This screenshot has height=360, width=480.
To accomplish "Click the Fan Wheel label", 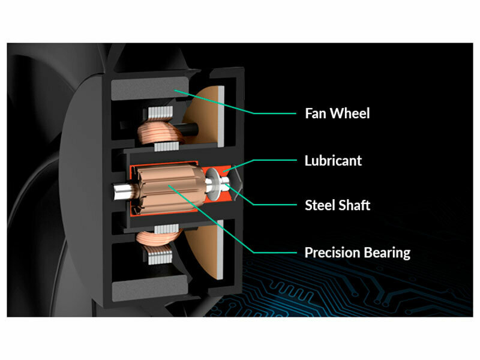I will pos(337,113).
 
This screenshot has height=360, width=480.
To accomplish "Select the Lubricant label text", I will pos(333,161).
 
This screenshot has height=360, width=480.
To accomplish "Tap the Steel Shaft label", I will pos(337,205).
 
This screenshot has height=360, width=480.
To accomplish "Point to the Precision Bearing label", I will pos(358,253).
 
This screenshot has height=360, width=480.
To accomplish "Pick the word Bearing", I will pos(388,253).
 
